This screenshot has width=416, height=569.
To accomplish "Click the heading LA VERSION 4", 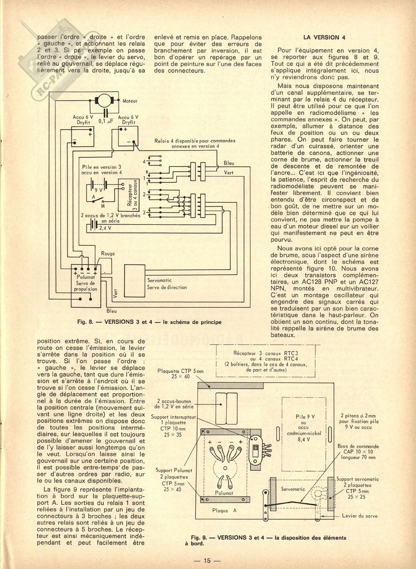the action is (324, 37).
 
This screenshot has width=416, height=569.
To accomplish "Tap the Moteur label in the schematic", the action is (130, 101).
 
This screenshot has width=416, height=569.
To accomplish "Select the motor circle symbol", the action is (105, 100).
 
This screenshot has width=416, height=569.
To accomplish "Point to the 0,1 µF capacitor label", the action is (106, 121).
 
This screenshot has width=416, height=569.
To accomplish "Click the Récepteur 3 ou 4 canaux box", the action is (129, 195).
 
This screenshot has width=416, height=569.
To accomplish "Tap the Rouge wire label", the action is (108, 253).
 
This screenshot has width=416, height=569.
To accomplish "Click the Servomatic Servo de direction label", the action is (167, 284).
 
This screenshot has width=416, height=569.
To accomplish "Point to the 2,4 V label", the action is (105, 228).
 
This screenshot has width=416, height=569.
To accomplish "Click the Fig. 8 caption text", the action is (149, 322).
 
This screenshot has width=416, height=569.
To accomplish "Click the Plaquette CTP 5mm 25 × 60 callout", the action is (180, 374).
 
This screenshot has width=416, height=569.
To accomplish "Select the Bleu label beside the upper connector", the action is (229, 163).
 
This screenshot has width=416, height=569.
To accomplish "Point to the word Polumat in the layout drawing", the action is (224, 493).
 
